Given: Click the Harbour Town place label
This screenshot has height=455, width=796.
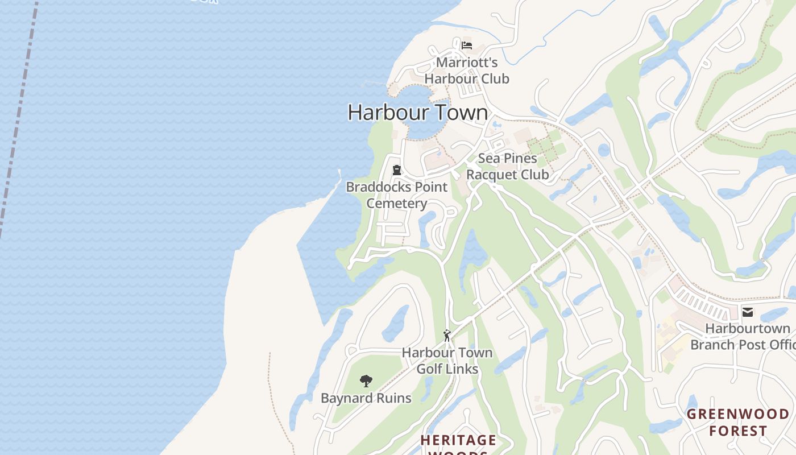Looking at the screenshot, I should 418,112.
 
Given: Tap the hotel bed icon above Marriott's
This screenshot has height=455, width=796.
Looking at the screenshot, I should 467,45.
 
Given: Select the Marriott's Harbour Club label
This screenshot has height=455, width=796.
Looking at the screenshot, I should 467,71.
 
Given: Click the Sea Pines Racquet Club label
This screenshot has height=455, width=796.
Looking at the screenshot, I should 507,167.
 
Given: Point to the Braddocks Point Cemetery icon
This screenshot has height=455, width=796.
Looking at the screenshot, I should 397,170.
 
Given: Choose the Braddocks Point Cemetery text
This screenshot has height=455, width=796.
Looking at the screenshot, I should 397,195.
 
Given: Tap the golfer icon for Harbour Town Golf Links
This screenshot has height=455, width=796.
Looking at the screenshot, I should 447,336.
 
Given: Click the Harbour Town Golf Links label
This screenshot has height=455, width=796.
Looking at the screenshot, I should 447,361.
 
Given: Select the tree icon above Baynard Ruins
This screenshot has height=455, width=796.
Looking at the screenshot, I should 366,381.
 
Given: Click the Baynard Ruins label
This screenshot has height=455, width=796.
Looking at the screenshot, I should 366,398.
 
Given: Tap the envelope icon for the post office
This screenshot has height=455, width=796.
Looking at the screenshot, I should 748,312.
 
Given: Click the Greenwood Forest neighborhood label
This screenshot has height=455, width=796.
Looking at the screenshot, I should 738,423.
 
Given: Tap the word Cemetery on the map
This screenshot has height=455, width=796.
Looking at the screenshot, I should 397,204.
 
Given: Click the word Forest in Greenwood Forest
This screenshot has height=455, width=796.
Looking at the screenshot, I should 738,431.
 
